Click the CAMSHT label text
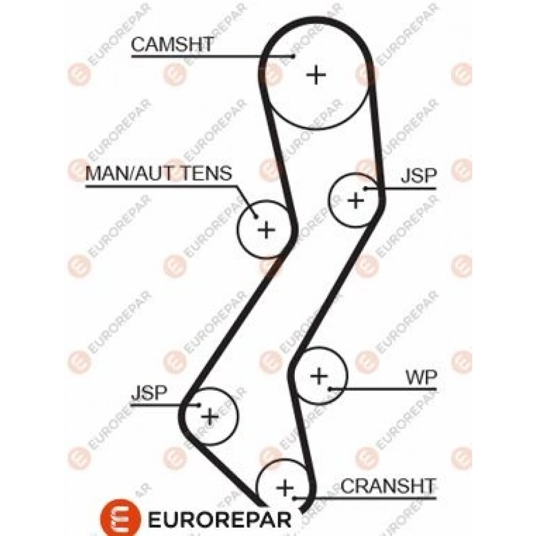point(172,45)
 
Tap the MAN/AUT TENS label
point(158,173)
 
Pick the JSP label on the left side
point(149,392)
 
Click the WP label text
point(421,378)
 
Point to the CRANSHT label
point(388,486)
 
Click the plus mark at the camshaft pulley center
point(316,75)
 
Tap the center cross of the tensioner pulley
point(266,229)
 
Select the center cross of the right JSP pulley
point(356,200)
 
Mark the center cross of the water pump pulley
point(319,376)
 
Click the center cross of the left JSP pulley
point(210,416)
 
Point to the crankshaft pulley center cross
point(285,488)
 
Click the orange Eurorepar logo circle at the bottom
point(120,518)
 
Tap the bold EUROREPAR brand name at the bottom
point(219,520)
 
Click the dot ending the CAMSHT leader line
point(293,56)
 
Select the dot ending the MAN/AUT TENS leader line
point(255,216)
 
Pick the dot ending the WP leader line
point(330,389)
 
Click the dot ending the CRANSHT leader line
point(294,498)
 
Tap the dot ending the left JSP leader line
point(200,405)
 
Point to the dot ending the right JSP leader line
point(366,188)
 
